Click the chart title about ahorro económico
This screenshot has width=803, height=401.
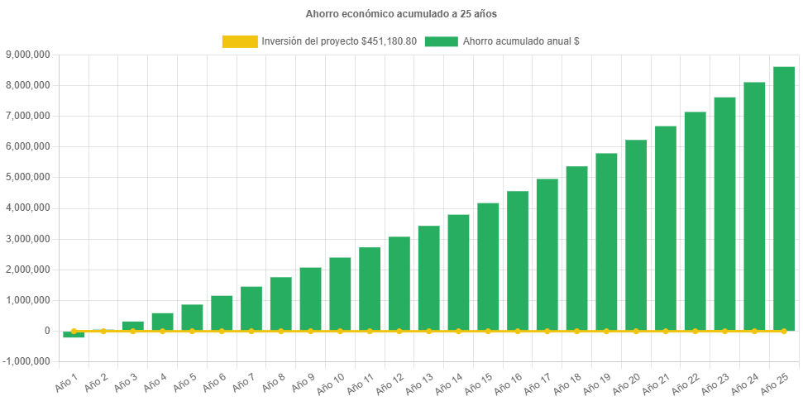[401, 14]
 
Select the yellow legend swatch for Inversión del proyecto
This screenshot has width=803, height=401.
[240, 41]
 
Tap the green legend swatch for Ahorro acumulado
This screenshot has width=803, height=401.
[441, 41]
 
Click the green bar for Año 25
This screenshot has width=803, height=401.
[783, 198]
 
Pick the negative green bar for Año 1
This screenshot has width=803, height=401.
[74, 335]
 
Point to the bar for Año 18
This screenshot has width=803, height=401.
[576, 248]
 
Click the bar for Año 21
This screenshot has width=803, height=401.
[666, 228]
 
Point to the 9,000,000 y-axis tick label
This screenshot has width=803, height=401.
[28, 55]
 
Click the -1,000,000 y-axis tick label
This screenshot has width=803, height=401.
[26, 361]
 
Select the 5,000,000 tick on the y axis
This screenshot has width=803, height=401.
[28, 177]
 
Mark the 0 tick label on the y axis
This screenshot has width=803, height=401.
[48, 331]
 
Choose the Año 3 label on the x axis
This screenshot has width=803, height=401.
[125, 381]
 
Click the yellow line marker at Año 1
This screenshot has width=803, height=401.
[74, 331]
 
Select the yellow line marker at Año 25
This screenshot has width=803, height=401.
[783, 331]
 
